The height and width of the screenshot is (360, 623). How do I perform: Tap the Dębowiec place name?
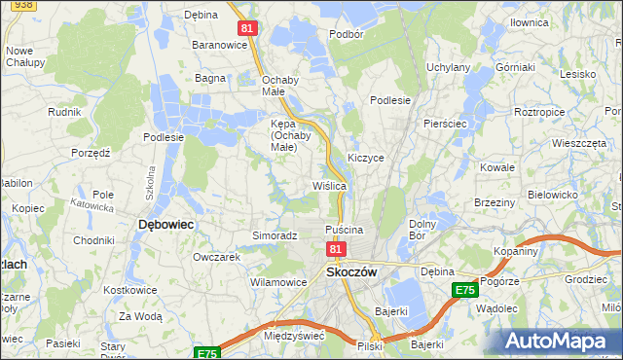point(166,224)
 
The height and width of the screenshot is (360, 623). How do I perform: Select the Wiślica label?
point(329,185)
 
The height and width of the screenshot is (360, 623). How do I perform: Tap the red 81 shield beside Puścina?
point(335,250)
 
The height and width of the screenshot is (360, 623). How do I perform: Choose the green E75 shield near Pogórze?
point(464,290)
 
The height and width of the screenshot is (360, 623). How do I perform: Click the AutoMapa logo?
point(561,342)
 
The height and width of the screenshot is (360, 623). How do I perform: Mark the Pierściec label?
point(446,125)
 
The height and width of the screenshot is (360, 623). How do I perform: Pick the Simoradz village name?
point(275,235)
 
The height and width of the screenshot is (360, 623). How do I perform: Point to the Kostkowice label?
point(131,292)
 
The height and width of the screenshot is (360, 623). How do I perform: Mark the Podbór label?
point(346,33)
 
